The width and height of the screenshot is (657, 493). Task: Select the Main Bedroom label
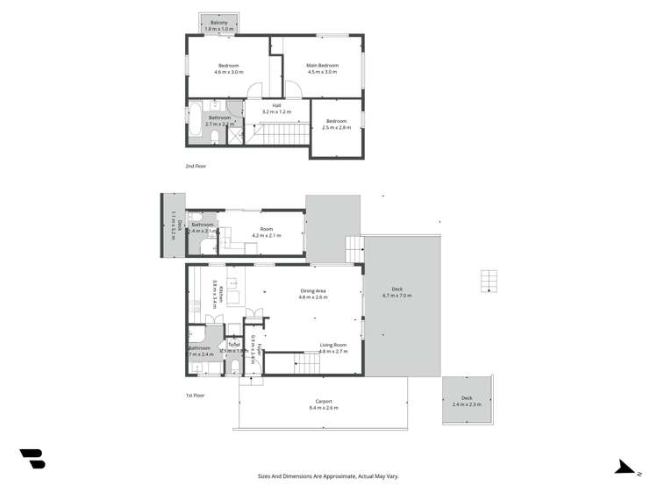tap(322, 66)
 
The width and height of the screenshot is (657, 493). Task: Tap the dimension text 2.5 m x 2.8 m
tap(338, 127)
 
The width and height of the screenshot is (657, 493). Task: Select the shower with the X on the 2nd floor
tap(235, 136)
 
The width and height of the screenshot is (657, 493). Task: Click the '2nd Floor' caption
tap(196, 166)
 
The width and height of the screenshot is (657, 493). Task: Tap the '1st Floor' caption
tap(196, 396)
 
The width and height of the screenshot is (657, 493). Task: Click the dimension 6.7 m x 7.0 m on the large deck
tap(397, 296)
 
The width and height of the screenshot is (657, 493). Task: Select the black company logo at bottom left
tap(32, 458)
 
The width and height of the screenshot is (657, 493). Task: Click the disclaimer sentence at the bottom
tap(327, 476)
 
